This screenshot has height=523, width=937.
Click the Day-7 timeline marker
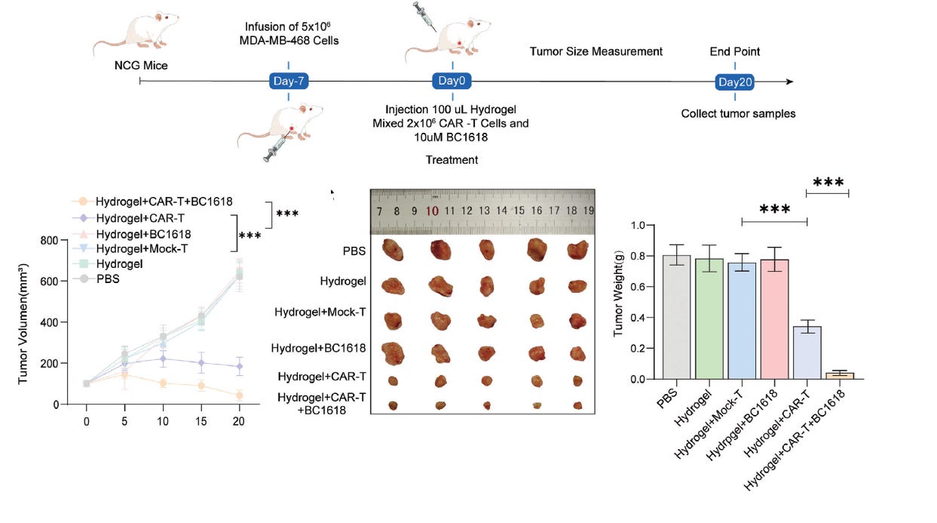pos(289,82)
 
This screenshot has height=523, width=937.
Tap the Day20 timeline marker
pos(735,82)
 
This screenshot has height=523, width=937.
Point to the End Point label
pos(735,52)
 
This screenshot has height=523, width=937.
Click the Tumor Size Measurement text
pos(596,52)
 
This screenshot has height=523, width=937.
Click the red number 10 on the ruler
pos(432,211)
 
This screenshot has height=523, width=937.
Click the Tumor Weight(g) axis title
pos(619,303)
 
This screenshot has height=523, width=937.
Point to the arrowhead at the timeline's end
pos(789,82)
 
